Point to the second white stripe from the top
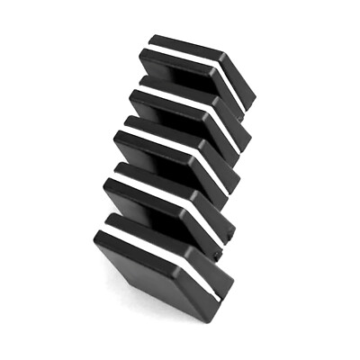pyautogui.click(x=184, y=103)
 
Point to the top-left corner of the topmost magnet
pyautogui.click(x=151, y=38)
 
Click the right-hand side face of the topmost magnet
pyautogui.click(x=241, y=85)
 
